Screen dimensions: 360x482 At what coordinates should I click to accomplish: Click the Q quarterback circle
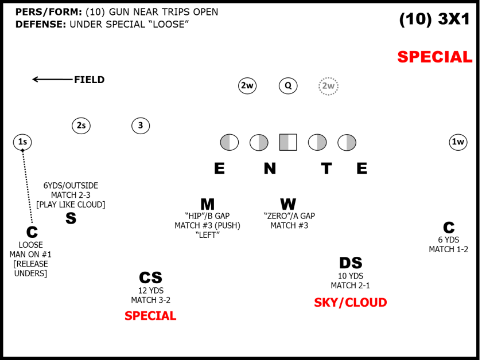[288, 86]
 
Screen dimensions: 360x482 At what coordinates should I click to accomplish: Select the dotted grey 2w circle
[328, 86]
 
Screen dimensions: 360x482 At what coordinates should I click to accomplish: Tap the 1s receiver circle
[22, 142]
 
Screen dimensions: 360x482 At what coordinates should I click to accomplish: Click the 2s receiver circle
[81, 126]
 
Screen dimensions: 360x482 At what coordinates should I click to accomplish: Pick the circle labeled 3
[141, 126]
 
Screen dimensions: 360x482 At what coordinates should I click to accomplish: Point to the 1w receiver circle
[458, 142]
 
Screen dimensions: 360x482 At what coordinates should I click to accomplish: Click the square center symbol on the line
[288, 142]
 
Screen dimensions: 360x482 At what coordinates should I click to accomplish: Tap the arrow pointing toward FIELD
[52, 80]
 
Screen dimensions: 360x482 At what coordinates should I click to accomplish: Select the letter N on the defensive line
[270, 169]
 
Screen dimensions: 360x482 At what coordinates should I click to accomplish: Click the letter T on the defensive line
[326, 169]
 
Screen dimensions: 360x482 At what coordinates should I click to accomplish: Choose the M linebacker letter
[207, 205]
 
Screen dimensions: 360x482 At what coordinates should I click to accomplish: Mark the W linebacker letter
[288, 205]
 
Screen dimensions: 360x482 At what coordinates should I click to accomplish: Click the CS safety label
[150, 277]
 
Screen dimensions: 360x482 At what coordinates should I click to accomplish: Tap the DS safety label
[350, 263]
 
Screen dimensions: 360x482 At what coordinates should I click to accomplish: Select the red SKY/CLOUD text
[350, 303]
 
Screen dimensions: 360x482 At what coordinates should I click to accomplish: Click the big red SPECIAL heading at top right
[434, 57]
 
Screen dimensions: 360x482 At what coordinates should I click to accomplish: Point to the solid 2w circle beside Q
[247, 86]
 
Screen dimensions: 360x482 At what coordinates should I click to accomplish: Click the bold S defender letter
[71, 218]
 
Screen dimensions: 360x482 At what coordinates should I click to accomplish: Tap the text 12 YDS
[150, 290]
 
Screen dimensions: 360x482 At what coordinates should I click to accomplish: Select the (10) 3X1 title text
[434, 19]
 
